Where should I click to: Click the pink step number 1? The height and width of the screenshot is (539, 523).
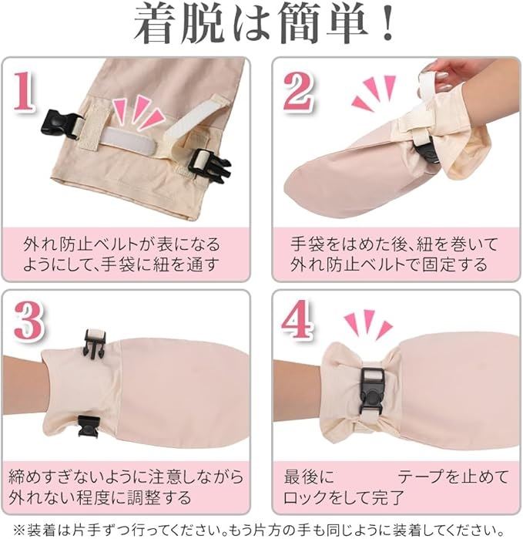click(25, 91)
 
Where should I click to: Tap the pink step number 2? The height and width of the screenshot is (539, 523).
click(298, 91)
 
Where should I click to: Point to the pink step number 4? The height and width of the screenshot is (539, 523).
click(297, 319)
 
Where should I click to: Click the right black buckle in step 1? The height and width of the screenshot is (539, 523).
click(210, 166)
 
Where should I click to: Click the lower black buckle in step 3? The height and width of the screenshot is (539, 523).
click(89, 426)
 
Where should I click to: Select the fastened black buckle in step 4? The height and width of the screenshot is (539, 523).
click(371, 392)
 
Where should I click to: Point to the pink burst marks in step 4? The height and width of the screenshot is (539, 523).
click(368, 324)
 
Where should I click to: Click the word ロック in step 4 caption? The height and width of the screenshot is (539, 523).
click(305, 497)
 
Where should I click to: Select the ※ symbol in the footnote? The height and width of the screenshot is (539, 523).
click(19, 530)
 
